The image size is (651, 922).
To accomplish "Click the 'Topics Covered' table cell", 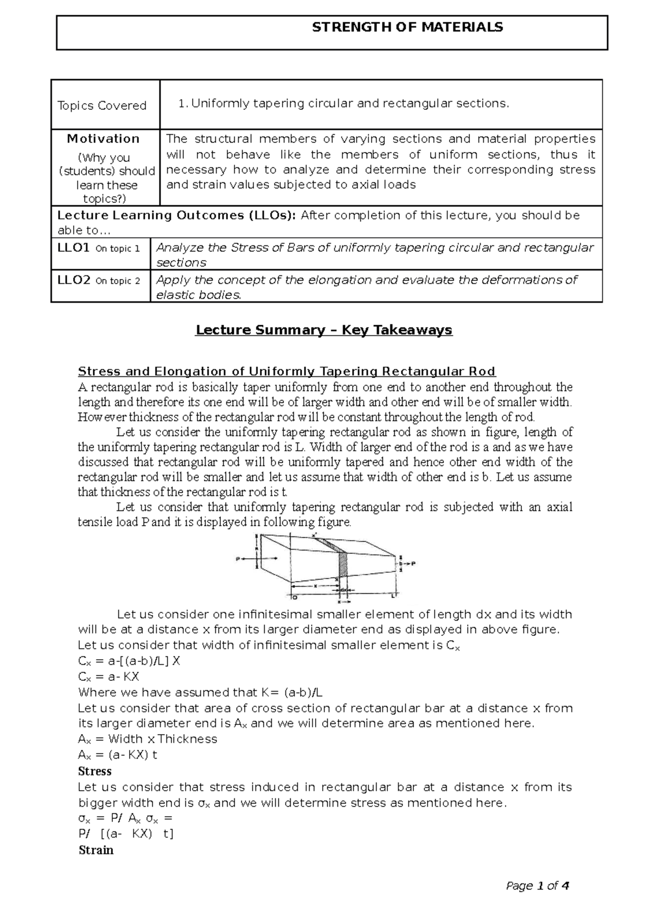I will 102,105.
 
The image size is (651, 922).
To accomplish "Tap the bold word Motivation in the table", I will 103,139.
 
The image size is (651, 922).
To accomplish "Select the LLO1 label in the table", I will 73,248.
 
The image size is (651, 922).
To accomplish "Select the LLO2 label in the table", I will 73,280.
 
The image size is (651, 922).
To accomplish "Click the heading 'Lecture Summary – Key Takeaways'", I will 323,330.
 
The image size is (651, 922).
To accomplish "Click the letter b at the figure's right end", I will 400,564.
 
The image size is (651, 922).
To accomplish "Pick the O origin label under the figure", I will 295,597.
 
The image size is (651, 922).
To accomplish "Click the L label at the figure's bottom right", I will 392,596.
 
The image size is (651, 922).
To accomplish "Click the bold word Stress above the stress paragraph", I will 94,771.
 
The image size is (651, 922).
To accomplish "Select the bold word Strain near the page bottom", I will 95,850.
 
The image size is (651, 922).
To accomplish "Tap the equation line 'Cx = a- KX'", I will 108,677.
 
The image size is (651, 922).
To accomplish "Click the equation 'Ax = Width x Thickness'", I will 147,739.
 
